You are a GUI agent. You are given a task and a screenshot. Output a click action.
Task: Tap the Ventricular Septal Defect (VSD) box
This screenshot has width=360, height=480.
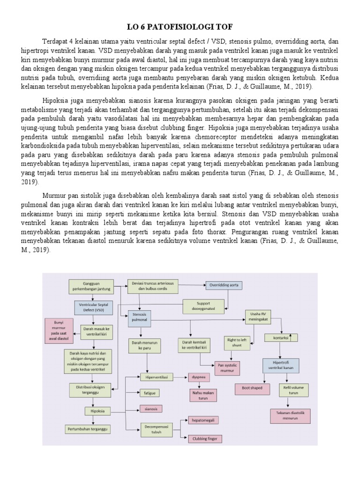click(x=93, y=307)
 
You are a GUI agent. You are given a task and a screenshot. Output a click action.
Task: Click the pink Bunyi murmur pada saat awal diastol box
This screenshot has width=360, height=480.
click(x=59, y=330)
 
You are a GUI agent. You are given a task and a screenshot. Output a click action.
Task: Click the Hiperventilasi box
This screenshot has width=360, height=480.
click(x=156, y=376)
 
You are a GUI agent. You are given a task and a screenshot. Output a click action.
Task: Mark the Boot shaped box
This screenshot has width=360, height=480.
click(x=252, y=388)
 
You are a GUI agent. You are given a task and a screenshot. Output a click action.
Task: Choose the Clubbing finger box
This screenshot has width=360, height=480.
click(x=204, y=439)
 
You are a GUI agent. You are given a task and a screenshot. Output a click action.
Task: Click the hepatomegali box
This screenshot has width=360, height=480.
click(x=203, y=421)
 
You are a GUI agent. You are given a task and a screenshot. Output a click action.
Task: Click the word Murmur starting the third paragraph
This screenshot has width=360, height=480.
click(x=53, y=195)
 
